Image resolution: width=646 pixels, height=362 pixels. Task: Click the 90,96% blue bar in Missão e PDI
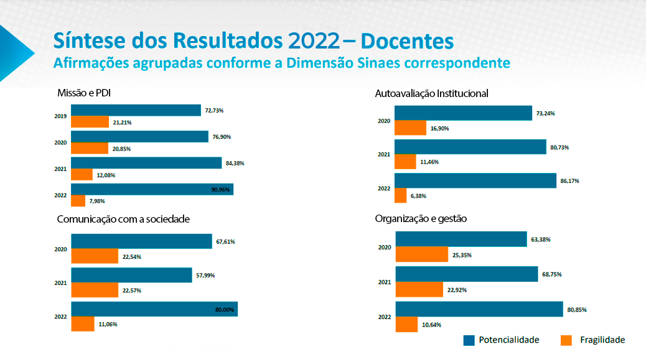click(x=152, y=190)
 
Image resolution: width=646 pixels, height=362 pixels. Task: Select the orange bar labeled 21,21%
click(x=90, y=122)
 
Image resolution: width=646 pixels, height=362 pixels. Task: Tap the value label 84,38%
click(x=234, y=164)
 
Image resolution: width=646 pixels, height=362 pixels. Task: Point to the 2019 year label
click(x=60, y=116)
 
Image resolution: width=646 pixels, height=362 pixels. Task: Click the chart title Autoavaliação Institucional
click(x=431, y=93)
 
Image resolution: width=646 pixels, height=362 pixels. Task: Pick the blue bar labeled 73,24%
click(x=463, y=113)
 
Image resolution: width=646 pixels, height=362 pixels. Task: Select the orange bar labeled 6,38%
click(x=400, y=195)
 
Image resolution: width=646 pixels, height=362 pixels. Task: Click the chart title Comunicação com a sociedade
click(x=123, y=219)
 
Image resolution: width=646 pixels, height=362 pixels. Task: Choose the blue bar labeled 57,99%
click(x=131, y=275)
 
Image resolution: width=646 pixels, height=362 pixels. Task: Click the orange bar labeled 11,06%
click(x=83, y=323)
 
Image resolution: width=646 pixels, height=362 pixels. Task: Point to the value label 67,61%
click(x=225, y=241)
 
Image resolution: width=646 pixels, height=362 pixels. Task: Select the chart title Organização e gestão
click(x=421, y=219)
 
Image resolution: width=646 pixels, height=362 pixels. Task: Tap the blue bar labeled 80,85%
click(x=479, y=309)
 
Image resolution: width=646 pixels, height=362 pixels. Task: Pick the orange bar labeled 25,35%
click(x=421, y=254)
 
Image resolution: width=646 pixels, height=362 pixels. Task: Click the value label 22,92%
click(x=457, y=290)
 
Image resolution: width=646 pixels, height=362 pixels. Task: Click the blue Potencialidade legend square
click(x=469, y=340)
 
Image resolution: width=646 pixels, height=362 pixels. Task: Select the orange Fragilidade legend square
click(x=566, y=340)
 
